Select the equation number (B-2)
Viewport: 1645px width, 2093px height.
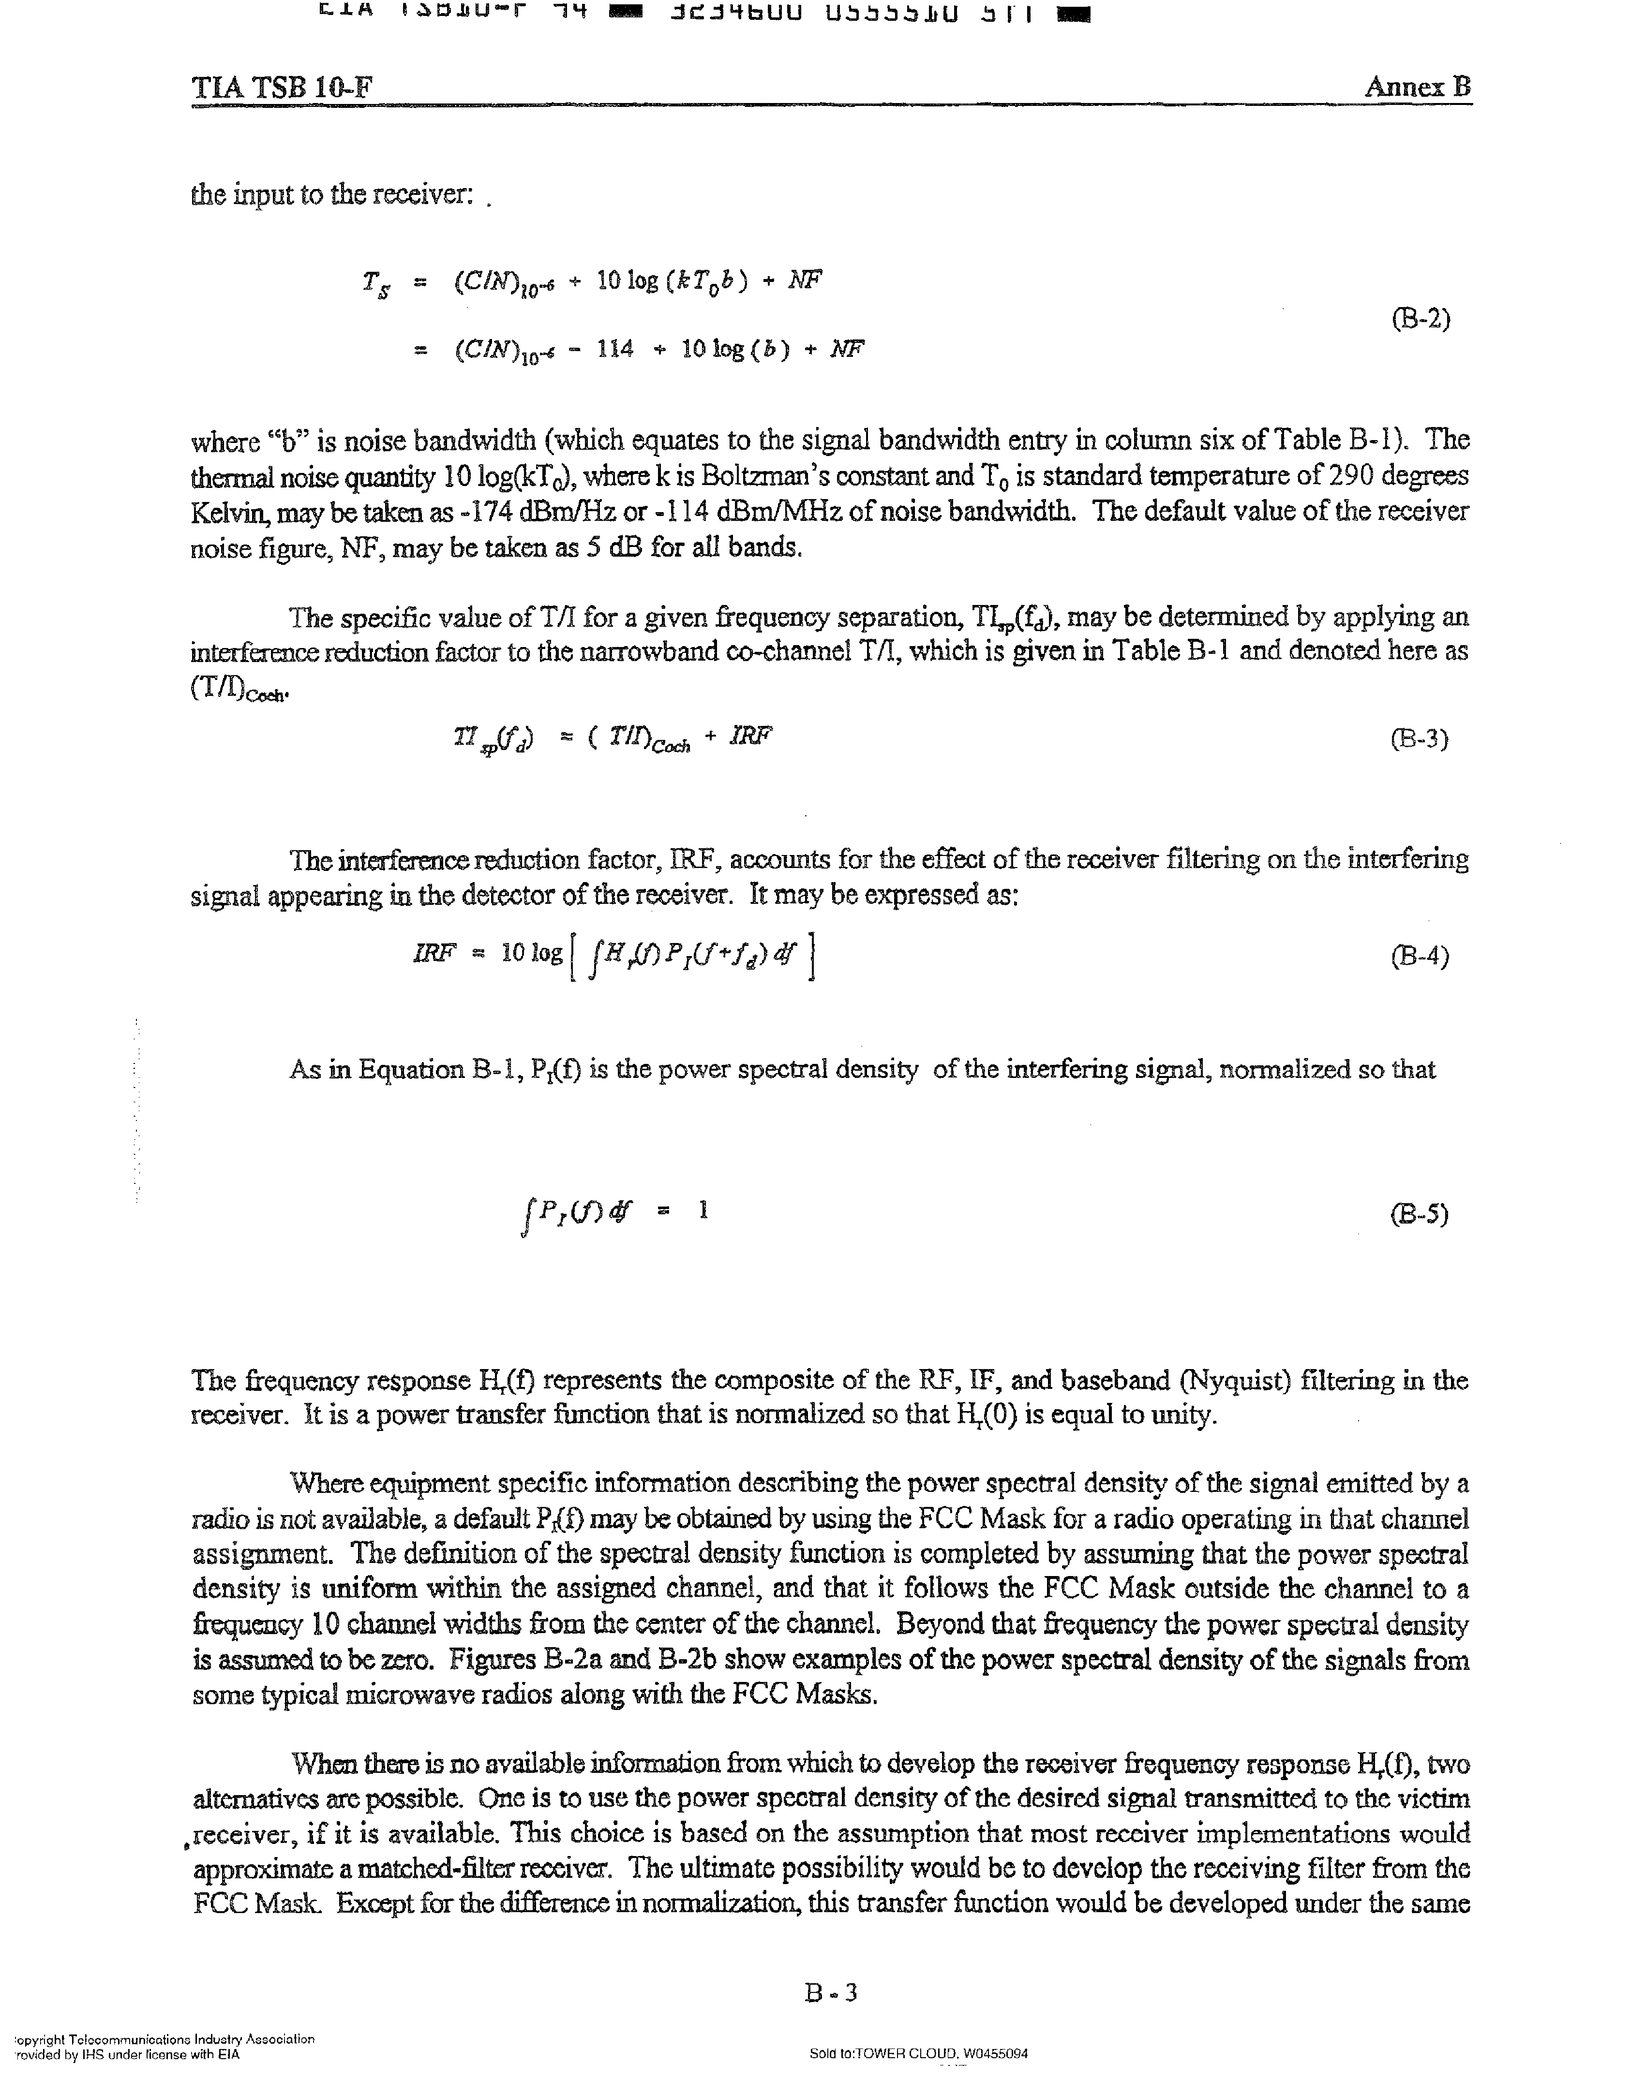pos(1421,319)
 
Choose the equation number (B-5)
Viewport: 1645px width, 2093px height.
pos(1419,1213)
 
